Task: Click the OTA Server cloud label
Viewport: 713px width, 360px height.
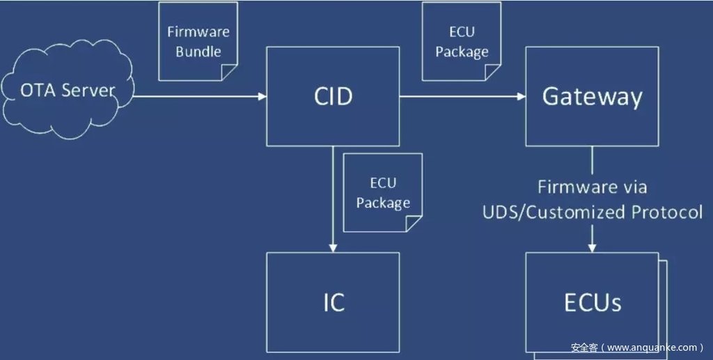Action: pos(68,91)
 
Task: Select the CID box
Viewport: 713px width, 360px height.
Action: pos(333,96)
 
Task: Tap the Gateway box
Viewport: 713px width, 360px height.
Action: pos(592,96)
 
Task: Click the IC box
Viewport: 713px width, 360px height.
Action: pos(333,302)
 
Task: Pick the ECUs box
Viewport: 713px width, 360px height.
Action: pos(592,302)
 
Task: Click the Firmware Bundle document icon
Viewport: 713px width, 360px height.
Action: pos(198,40)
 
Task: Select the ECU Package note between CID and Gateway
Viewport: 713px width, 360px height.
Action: pos(462,40)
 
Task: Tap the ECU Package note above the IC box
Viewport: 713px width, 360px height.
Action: pos(382,192)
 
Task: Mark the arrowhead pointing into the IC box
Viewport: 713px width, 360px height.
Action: pos(333,248)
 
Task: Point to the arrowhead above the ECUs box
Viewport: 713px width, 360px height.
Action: pos(592,248)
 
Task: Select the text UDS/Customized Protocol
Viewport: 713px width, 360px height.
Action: pos(593,212)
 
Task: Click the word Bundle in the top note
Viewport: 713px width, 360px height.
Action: pos(198,51)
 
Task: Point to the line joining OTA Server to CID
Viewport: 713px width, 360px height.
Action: pos(195,96)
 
